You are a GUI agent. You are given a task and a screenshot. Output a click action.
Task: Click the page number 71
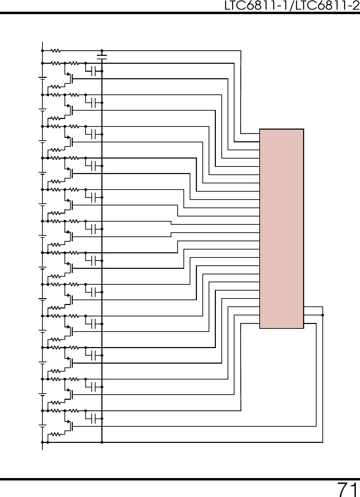click(x=347, y=489)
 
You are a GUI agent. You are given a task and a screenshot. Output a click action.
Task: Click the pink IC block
click(x=281, y=229)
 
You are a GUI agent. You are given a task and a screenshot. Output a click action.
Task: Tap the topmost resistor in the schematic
click(x=56, y=51)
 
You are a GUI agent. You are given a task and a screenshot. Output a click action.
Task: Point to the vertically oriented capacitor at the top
click(x=102, y=57)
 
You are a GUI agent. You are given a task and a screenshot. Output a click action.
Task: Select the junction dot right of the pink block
click(x=323, y=315)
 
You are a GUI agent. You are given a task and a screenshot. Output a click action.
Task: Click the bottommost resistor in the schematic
click(x=56, y=434)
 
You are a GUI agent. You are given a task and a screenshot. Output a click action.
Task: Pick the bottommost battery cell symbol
click(x=42, y=426)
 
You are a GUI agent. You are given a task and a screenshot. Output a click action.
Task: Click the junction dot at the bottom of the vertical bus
click(x=102, y=442)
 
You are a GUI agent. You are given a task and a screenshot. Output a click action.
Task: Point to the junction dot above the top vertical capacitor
click(x=102, y=51)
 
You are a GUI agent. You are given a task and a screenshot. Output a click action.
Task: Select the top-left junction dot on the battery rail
click(x=42, y=51)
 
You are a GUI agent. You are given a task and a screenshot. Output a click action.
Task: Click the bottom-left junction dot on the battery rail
click(x=42, y=442)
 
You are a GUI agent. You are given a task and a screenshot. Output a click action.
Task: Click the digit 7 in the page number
click(x=342, y=489)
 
